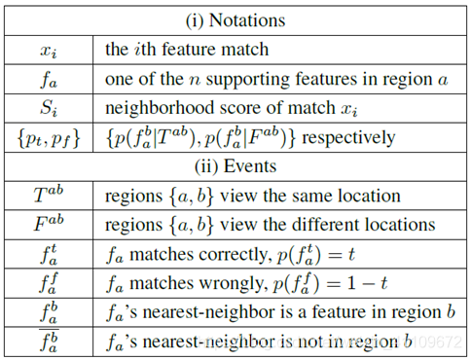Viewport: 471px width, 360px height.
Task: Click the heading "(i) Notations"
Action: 235,20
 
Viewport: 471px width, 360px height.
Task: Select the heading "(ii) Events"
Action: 235,166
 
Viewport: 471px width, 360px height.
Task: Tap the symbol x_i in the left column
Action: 49,52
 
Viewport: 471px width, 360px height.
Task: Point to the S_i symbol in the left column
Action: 49,108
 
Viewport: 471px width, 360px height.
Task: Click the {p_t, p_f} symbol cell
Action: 49,139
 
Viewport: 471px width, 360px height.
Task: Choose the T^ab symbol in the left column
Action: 49,195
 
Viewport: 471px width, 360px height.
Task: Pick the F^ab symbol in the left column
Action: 49,224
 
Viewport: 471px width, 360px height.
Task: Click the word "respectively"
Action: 348,138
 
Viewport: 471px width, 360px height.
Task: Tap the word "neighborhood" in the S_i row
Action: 161,108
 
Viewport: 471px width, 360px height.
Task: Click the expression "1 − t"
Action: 368,283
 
